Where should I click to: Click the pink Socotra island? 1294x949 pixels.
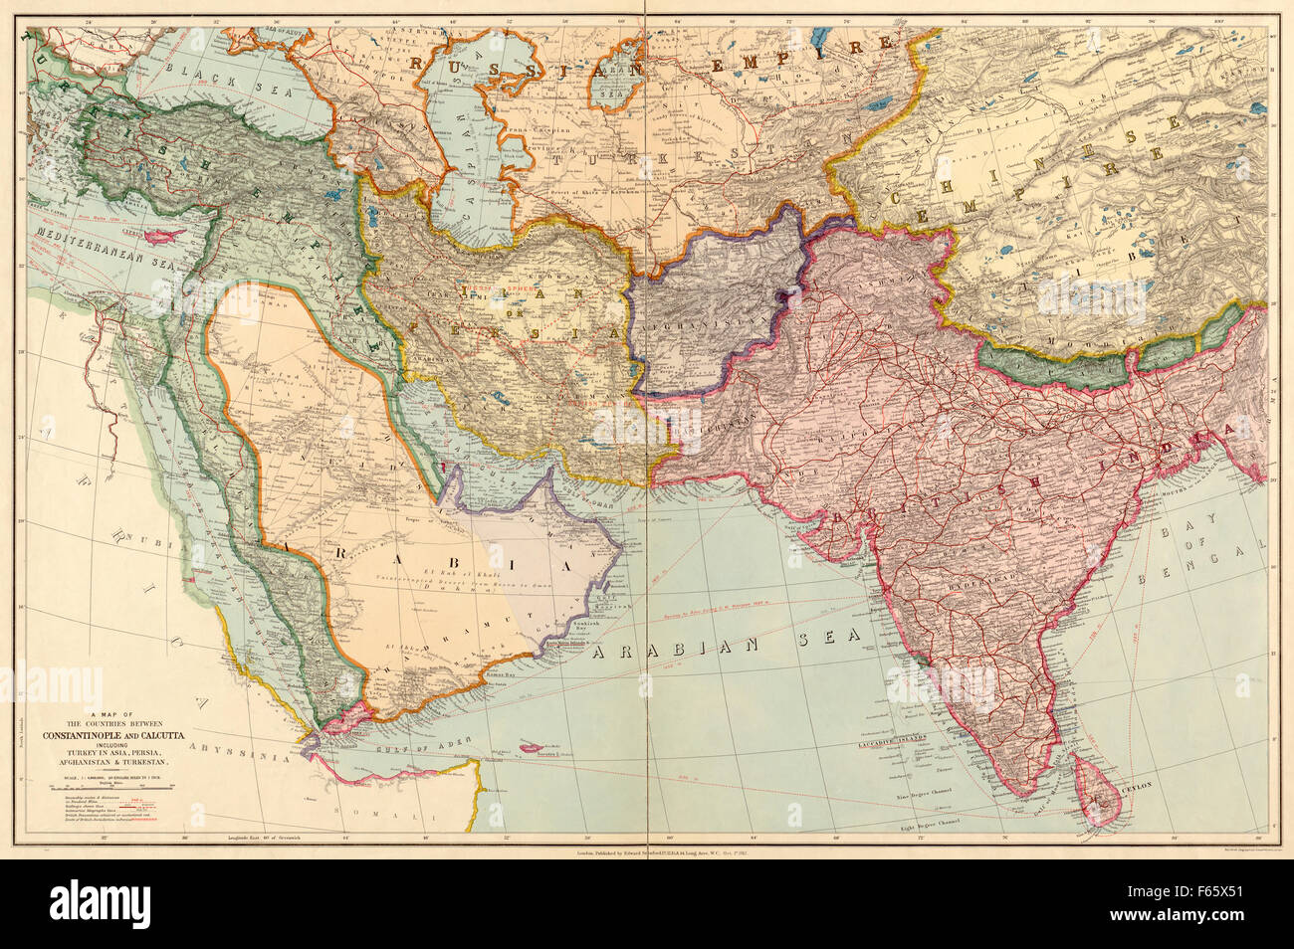coord(542,743)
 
